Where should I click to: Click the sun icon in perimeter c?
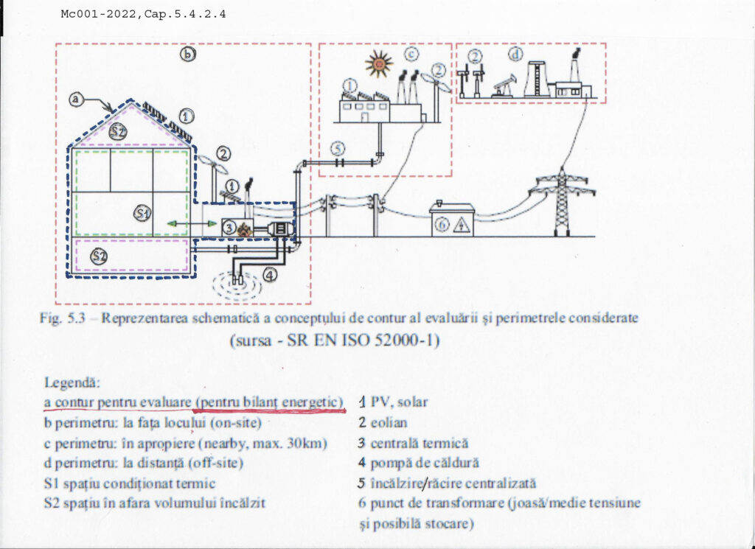tap(379, 64)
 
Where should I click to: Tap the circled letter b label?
tap(188, 54)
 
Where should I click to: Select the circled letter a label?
tap(77, 98)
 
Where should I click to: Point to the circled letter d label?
tap(516, 54)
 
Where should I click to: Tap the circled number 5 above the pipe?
tap(337, 148)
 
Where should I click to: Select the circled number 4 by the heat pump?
tap(271, 275)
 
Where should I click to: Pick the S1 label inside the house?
tap(142, 214)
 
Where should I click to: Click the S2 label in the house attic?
tap(119, 131)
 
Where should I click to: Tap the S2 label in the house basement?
tap(99, 256)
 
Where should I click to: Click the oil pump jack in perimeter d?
tap(504, 87)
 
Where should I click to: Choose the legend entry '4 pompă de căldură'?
tap(419, 464)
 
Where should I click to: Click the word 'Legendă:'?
tap(72, 384)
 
